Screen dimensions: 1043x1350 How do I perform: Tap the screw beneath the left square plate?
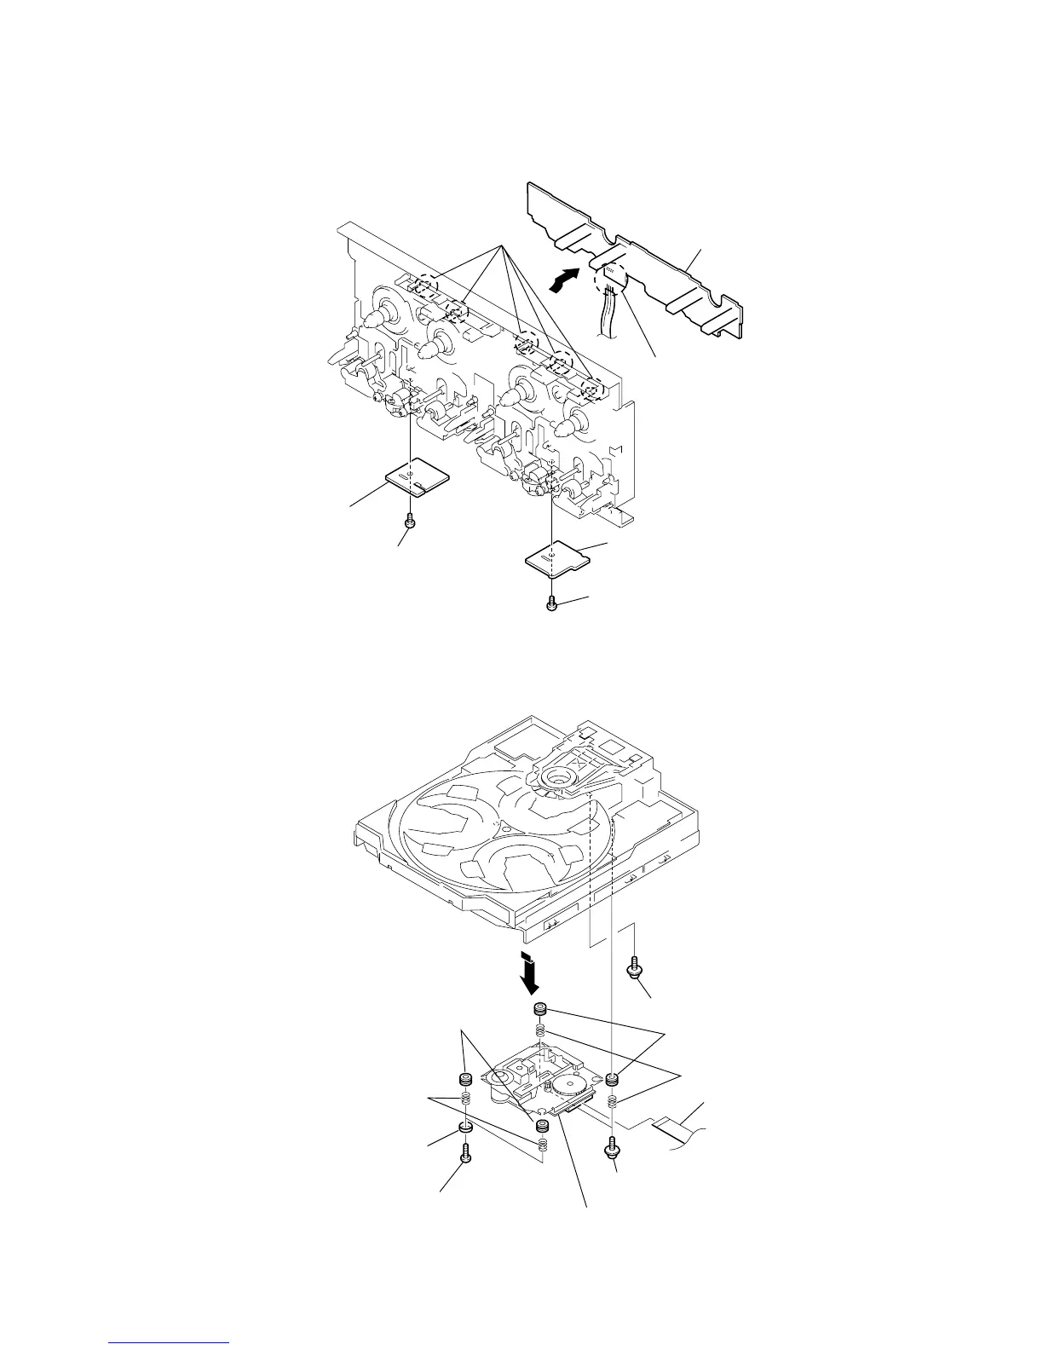coord(410,519)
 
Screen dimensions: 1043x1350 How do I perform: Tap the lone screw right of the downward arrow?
coord(635,967)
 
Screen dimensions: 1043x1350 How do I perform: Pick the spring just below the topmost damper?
coord(539,1032)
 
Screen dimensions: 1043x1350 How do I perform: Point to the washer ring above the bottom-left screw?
coord(466,1129)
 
